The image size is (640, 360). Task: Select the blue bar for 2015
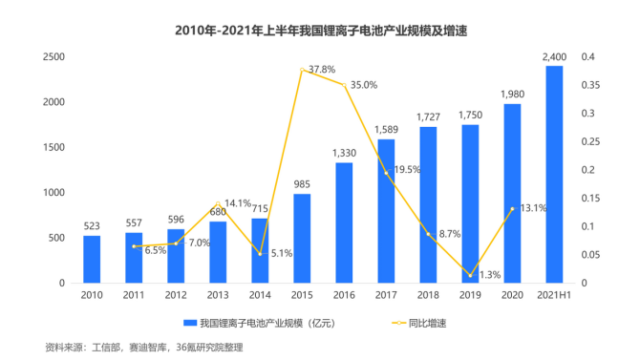pyautogui.click(x=302, y=239)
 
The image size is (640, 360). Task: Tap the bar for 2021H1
pyautogui.click(x=554, y=175)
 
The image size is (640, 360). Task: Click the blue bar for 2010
pyautogui.click(x=92, y=259)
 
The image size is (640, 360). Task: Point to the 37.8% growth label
pyautogui.click(x=322, y=70)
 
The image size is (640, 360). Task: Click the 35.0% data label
pyautogui.click(x=364, y=84)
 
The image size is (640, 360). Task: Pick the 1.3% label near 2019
pyautogui.click(x=489, y=275)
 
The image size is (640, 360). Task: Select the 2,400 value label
pyautogui.click(x=554, y=57)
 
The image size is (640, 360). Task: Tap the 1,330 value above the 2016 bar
pyautogui.click(x=345, y=153)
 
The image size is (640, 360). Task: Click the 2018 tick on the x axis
pyautogui.click(x=428, y=295)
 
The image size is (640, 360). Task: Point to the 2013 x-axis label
pyautogui.click(x=218, y=295)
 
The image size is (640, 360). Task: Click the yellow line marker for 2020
pyautogui.click(x=512, y=209)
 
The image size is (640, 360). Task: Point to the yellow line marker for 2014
pyautogui.click(x=260, y=254)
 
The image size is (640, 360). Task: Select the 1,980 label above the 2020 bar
pyautogui.click(x=512, y=94)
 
